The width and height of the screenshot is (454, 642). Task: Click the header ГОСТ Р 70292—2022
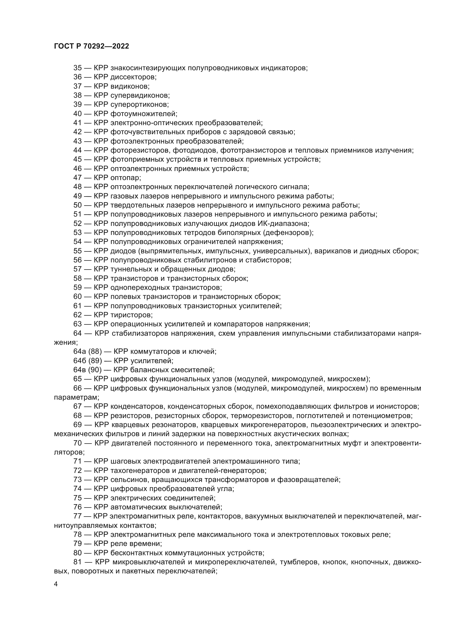click(x=91, y=46)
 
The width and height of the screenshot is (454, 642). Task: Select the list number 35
click(x=77, y=68)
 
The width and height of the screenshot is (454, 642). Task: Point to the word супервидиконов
click(x=139, y=95)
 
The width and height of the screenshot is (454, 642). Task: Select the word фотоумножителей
click(x=143, y=114)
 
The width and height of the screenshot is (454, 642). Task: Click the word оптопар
click(x=125, y=178)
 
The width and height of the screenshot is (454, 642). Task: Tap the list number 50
click(x=77, y=205)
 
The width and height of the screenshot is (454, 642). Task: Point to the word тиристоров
click(x=131, y=315)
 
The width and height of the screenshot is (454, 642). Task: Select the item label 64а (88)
click(x=88, y=352)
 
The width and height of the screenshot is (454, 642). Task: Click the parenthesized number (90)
click(x=95, y=370)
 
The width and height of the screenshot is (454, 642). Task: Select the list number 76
click(x=77, y=507)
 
